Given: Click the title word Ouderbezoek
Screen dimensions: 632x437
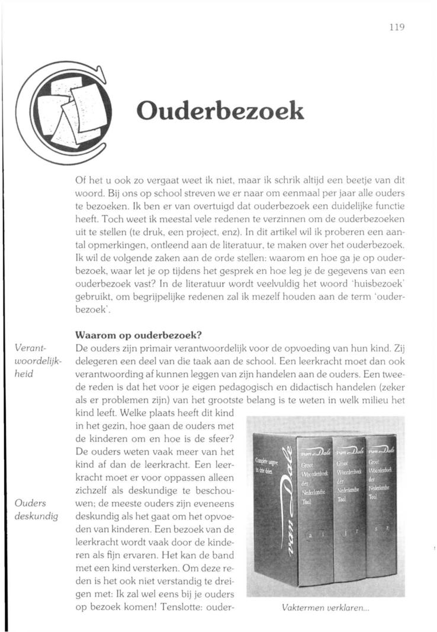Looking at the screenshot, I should tap(220, 111).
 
